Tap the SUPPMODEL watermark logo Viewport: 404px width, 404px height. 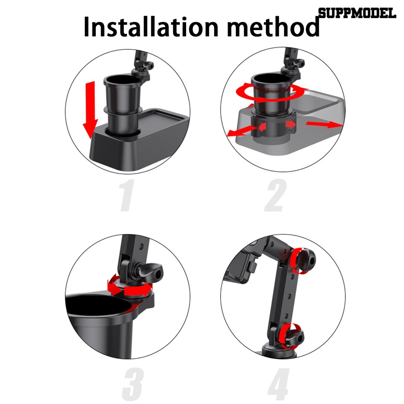click(357, 14)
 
